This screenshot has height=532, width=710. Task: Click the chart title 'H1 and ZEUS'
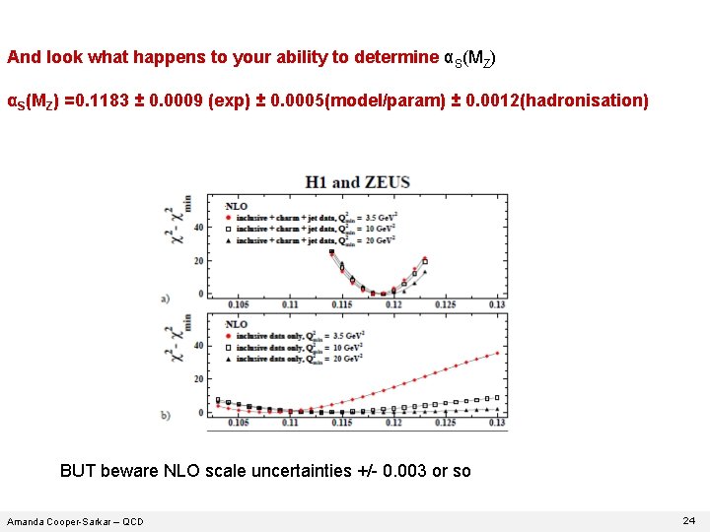(x=357, y=182)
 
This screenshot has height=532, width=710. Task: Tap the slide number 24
(x=688, y=519)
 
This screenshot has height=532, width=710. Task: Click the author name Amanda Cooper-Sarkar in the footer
(x=75, y=521)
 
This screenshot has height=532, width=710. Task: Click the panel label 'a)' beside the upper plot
(x=165, y=297)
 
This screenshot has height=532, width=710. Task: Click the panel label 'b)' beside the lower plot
(x=165, y=415)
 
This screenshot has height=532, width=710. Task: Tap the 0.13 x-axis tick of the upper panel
(x=496, y=304)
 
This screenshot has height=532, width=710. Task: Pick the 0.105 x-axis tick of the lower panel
(x=238, y=423)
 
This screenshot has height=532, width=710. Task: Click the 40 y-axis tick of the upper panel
(x=198, y=228)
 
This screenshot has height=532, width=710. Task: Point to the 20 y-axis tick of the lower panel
(x=198, y=379)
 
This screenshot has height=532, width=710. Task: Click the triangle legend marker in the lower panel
(x=229, y=360)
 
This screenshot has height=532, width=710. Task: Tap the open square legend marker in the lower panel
(x=229, y=348)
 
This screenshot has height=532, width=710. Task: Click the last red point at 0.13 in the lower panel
(x=498, y=352)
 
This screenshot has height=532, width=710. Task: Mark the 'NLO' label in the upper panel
(x=236, y=206)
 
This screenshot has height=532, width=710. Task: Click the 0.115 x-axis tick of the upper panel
(x=341, y=304)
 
